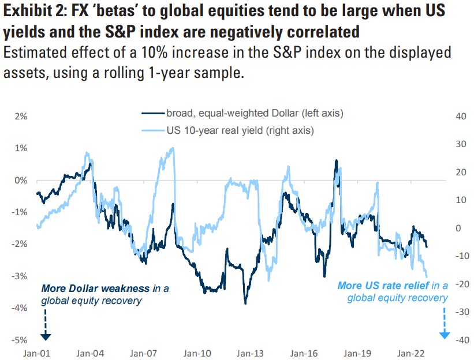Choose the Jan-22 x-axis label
410,352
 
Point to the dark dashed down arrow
46,326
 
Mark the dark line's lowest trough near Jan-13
245,302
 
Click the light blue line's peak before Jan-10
173,148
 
